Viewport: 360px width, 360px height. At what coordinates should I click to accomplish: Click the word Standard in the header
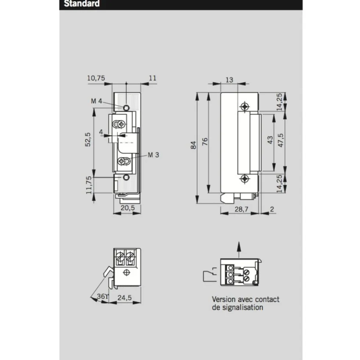82,3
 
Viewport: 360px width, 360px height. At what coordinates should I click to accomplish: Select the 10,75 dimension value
96,78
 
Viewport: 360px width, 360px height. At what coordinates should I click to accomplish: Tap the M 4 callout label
96,101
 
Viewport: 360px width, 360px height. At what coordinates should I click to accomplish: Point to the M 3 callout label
153,155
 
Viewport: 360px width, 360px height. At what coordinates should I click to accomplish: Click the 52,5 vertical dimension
88,139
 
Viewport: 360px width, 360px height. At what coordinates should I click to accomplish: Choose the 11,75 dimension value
89,185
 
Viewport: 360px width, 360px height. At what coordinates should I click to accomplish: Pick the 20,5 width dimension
127,208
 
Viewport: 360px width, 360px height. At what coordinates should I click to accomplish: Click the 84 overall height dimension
193,145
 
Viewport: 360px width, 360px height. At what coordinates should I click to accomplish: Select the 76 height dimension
205,141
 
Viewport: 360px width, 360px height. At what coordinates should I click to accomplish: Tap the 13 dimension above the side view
229,80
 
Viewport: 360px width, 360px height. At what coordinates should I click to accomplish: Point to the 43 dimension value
270,140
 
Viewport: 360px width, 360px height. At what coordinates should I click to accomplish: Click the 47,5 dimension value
281,140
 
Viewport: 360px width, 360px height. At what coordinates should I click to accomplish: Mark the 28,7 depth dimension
241,209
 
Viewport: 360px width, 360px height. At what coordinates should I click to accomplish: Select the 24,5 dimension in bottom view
125,298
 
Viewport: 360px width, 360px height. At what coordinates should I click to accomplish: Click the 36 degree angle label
102,296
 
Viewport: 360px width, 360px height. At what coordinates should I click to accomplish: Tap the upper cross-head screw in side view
245,106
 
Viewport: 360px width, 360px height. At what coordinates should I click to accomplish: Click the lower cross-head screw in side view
245,179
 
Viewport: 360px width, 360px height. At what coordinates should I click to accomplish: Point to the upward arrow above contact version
239,250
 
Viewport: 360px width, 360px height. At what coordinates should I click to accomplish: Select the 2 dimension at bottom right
272,209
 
